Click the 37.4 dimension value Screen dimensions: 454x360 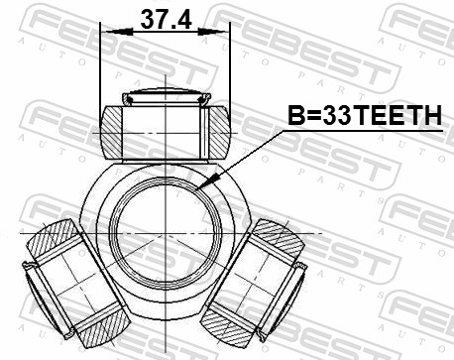point(166,19)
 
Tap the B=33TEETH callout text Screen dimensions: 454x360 point(365,115)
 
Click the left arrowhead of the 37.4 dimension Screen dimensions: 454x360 point(116,32)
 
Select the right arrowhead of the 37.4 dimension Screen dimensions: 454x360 point(213,32)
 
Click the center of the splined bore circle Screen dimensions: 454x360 point(166,234)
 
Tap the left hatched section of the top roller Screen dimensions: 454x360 point(112,132)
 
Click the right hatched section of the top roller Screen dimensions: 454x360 point(219,132)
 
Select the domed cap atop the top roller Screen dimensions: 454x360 point(167,96)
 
